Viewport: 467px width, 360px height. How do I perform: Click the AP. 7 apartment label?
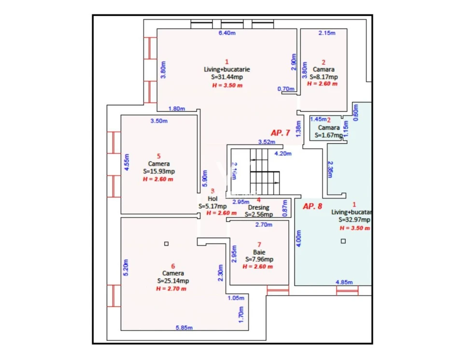pyautogui.click(x=280, y=132)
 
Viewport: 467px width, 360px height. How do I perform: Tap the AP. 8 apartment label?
pyautogui.click(x=312, y=206)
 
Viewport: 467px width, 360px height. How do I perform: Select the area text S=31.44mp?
pyautogui.click(x=227, y=77)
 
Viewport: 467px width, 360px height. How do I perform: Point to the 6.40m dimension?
pyautogui.click(x=227, y=33)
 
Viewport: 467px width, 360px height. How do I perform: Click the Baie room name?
pyautogui.click(x=259, y=252)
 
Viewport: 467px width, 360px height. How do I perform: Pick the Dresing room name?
pyautogui.click(x=258, y=208)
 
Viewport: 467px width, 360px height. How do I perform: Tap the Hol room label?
pyautogui.click(x=212, y=199)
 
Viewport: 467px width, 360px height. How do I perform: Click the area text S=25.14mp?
pyautogui.click(x=173, y=281)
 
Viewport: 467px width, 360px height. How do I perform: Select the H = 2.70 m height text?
pyautogui.click(x=171, y=288)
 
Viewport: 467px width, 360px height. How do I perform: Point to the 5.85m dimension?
pyautogui.click(x=184, y=328)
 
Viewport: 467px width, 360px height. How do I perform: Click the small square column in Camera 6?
pyautogui.click(x=167, y=244)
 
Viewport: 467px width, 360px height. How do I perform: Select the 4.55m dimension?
pyautogui.click(x=127, y=162)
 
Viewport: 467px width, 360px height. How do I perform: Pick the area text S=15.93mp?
pyautogui.click(x=159, y=171)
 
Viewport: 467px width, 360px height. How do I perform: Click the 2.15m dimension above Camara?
pyautogui.click(x=326, y=33)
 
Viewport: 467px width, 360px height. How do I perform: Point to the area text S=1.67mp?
pyautogui.click(x=328, y=135)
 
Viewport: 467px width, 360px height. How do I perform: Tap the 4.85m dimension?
pyautogui.click(x=344, y=282)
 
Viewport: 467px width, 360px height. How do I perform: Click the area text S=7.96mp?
pyautogui.click(x=259, y=259)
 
